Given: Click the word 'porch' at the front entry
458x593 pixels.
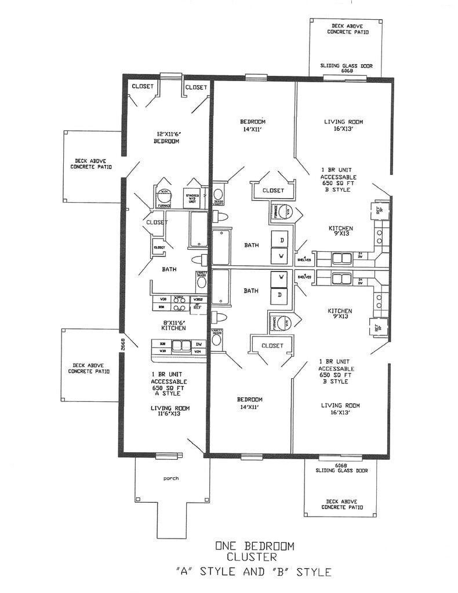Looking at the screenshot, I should click(170, 478).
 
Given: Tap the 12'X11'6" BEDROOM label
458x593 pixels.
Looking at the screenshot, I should click(166, 137).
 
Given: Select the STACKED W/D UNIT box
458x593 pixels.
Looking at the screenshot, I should click(192, 199).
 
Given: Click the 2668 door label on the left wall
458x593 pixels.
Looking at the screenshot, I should click(123, 345).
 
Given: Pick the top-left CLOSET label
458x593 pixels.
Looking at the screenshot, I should click(143, 87).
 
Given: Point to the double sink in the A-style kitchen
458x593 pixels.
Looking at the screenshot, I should click(180, 346).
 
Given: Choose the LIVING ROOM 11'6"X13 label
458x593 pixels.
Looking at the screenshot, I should click(170, 411).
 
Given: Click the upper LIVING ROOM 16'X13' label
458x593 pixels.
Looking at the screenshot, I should click(343, 126).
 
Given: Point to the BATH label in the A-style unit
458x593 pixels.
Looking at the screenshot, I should click(169, 269).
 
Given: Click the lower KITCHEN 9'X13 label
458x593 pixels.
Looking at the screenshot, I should click(340, 314).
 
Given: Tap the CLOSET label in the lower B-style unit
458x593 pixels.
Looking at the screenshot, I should click(272, 346).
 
